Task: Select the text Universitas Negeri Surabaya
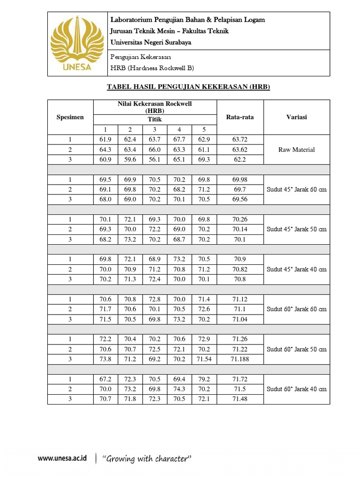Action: click(150, 42)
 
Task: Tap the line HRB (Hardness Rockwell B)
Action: click(152, 67)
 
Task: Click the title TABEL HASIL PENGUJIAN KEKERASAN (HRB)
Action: click(189, 87)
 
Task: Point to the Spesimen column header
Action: click(70, 117)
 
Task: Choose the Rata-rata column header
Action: click(240, 117)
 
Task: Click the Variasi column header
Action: click(296, 117)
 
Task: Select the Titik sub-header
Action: click(155, 120)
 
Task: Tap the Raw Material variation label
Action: click(296, 150)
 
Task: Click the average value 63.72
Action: click(240, 140)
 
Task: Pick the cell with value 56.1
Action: click(155, 159)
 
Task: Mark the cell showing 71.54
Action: click(204, 359)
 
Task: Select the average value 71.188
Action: click(240, 359)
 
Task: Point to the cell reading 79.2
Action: click(204, 379)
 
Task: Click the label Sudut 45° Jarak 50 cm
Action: click(296, 229)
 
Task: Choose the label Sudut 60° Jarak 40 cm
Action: click(296, 389)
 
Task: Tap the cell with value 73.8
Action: click(106, 359)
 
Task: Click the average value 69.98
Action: click(240, 180)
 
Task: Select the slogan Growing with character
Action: click(147, 459)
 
